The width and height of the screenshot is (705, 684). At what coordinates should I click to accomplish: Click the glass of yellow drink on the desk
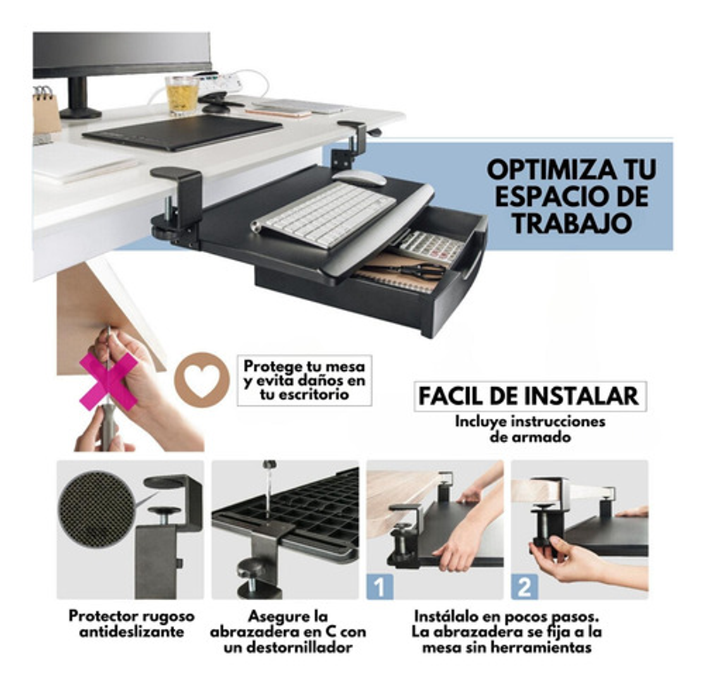tap(182, 95)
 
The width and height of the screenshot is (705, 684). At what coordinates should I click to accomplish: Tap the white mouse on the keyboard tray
tap(360, 177)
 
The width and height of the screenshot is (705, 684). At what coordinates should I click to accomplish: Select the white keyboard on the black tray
tap(324, 214)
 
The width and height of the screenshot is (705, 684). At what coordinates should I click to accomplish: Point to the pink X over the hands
tap(108, 381)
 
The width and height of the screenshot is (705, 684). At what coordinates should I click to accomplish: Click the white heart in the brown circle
tap(202, 381)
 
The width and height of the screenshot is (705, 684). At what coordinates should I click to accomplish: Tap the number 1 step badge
tap(380, 587)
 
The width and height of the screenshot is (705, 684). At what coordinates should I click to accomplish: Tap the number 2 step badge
tap(525, 587)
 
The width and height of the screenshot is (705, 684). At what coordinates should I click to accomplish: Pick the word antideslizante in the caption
tap(132, 631)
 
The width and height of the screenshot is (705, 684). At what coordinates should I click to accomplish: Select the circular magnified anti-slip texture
tap(96, 508)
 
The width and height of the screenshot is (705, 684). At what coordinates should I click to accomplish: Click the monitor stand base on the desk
tap(81, 112)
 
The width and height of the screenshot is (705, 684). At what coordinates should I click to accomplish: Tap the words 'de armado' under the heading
tap(530, 436)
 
